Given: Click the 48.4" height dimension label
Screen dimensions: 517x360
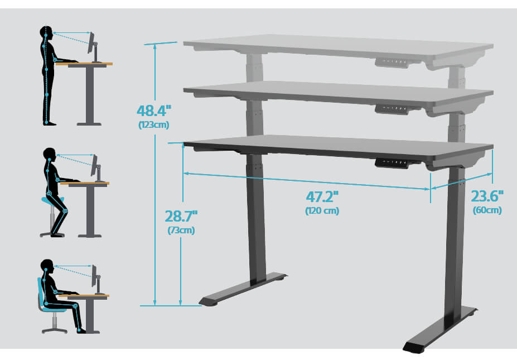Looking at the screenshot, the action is coord(154,111).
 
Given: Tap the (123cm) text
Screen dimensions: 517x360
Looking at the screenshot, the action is coord(154,125).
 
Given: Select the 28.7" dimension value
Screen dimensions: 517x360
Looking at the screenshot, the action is coord(181,217).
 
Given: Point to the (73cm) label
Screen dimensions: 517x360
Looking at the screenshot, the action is coord(181,230).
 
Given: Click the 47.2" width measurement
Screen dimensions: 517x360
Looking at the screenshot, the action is coord(322,197).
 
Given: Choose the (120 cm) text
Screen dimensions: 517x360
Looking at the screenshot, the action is coord(322,210).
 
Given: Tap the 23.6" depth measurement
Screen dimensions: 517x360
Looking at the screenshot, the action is coord(487,196).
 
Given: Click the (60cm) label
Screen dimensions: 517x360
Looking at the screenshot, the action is coord(487,210).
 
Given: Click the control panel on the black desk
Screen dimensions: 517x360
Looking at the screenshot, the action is coord(393,162).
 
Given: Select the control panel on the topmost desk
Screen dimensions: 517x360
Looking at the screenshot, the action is coord(393,63).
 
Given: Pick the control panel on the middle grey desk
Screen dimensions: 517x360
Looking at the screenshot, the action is coord(393,109).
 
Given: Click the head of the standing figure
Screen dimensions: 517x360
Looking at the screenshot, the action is coord(46,33).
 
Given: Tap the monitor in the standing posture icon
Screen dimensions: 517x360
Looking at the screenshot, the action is coord(91,43).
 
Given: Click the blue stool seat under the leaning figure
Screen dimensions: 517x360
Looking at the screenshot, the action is coord(52,200).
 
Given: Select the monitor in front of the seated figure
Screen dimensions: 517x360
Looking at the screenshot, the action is coord(94,276).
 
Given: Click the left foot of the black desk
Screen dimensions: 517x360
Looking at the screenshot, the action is coord(243,289).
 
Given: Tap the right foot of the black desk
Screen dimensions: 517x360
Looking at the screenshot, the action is coord(440,329).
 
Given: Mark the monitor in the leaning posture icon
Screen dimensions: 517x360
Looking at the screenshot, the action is coord(94,165).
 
